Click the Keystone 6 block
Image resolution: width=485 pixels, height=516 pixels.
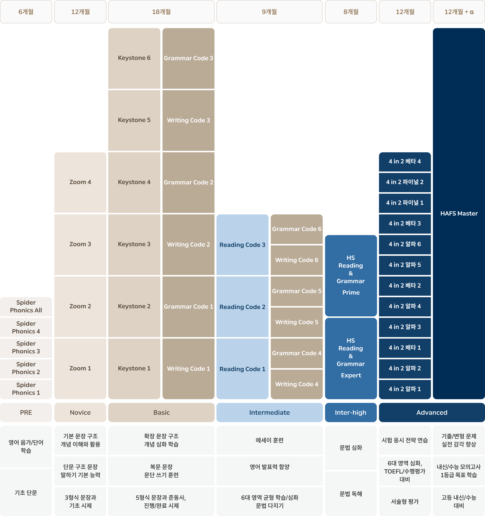pyautogui.click(x=134, y=58)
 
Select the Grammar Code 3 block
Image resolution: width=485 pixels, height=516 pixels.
pyautogui.click(x=188, y=58)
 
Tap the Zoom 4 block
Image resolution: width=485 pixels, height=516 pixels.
pyautogui.click(x=80, y=182)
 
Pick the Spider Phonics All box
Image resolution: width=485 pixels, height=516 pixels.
pyautogui.click(x=26, y=307)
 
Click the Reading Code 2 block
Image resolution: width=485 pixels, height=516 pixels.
pyautogui.click(x=242, y=307)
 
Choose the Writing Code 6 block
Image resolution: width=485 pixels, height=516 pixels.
pyautogui.click(x=296, y=260)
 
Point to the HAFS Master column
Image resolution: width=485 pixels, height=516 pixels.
pyautogui.click(x=459, y=213)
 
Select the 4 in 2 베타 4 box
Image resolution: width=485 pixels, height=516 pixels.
pyautogui.click(x=405, y=162)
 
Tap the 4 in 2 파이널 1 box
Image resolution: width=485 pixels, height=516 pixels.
pyautogui.click(x=405, y=203)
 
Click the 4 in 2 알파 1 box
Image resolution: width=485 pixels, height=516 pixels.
pyautogui.click(x=405, y=389)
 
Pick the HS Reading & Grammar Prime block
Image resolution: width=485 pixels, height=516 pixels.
pyautogui.click(x=351, y=275)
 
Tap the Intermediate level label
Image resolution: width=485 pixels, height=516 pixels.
pyautogui.click(x=269, y=413)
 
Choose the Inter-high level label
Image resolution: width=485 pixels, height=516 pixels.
pyautogui.click(x=351, y=413)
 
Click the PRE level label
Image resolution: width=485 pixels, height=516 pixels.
pyautogui.click(x=26, y=413)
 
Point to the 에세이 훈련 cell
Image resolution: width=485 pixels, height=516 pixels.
pyautogui.click(x=269, y=440)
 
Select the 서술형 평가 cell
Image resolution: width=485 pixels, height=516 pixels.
pyautogui.click(x=405, y=501)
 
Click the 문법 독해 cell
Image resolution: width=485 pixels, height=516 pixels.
pyautogui.click(x=351, y=494)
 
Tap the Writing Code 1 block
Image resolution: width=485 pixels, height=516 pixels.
pyautogui.click(x=188, y=369)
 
